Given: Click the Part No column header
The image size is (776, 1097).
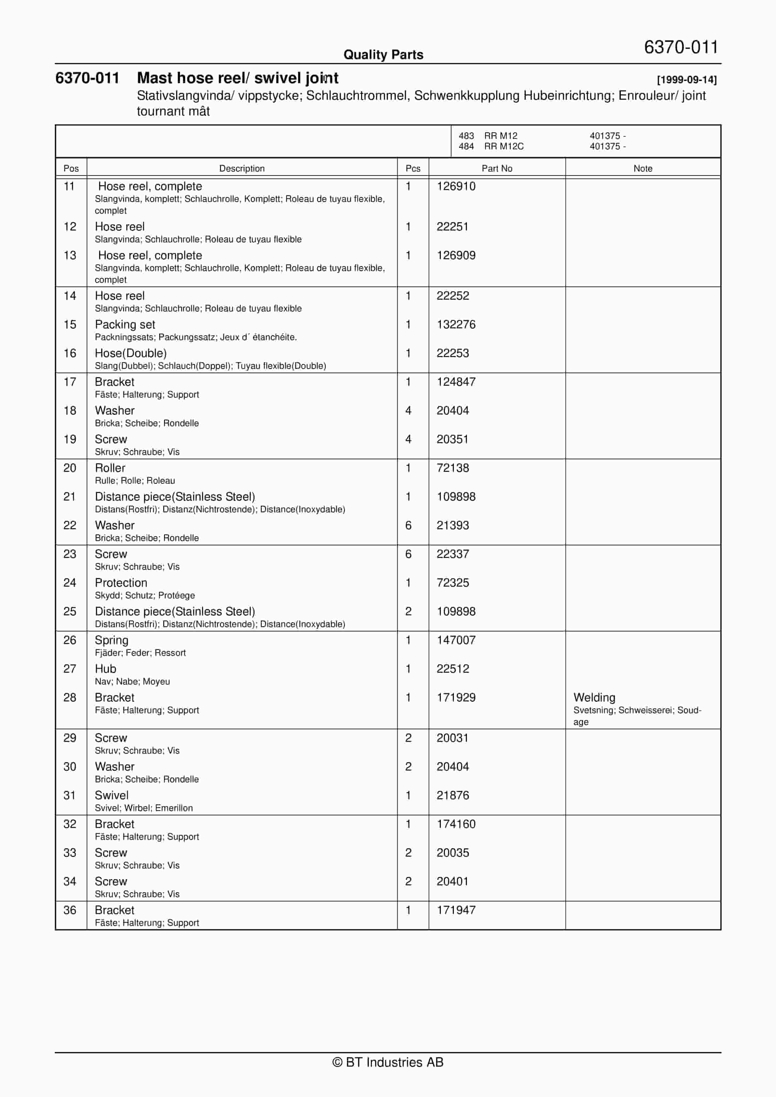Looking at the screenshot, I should tap(497, 168).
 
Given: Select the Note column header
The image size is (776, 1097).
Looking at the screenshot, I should tap(643, 168).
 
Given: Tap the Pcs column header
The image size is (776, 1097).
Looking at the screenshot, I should tap(413, 168).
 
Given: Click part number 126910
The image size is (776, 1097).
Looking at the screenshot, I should tap(456, 186).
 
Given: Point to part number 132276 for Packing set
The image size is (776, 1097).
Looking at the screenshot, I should tap(456, 324).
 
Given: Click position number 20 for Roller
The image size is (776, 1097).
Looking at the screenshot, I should tap(70, 468).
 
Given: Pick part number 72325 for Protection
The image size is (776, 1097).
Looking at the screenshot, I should tap(453, 582).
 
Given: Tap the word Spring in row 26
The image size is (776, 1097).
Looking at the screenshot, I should tap(111, 640).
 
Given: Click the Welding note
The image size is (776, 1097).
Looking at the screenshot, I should tap(594, 697).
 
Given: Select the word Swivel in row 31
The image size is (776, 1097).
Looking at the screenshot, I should tap(111, 795).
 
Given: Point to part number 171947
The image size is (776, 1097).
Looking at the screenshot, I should tap(456, 910).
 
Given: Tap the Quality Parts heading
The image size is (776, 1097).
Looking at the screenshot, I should tap(383, 55).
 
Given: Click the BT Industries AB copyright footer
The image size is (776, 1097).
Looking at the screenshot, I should tap(388, 1062).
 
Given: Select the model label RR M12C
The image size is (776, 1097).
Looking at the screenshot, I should tap(504, 146).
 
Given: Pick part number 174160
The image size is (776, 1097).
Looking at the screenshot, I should tap(456, 824).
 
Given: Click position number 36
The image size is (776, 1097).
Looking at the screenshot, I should tap(70, 910).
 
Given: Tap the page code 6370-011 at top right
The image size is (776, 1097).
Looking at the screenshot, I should tap(681, 47).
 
